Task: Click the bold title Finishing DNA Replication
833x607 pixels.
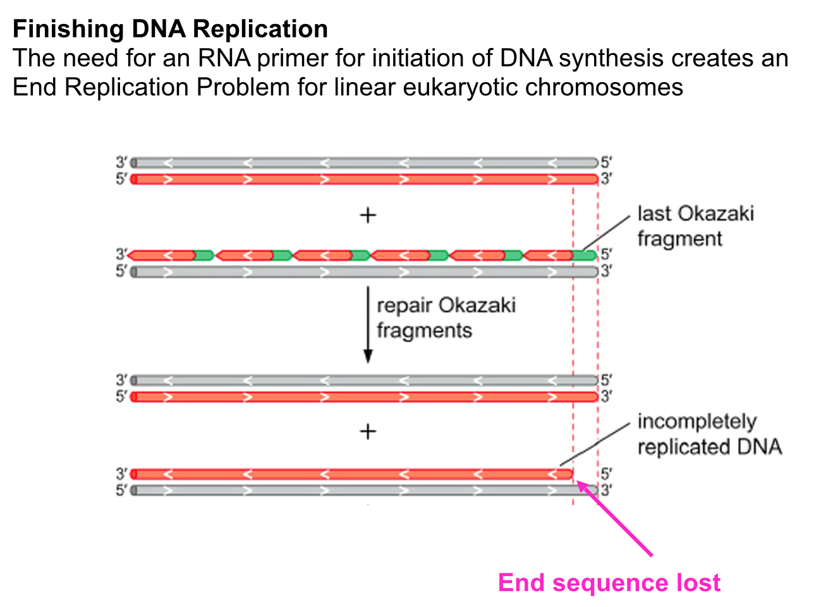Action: (170, 29)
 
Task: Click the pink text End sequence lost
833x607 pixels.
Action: (609, 582)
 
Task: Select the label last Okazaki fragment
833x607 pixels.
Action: (695, 226)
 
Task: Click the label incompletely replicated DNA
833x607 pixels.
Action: (710, 434)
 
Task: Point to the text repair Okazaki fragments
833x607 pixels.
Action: (446, 317)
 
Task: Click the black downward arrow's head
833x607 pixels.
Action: (368, 357)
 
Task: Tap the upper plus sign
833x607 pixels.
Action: (368, 216)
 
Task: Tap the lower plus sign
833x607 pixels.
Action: (368, 432)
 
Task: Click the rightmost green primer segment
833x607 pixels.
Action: (585, 255)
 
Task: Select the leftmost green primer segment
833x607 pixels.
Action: (204, 255)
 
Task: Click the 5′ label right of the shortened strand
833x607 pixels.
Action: (606, 474)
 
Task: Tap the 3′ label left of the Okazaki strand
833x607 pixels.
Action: (121, 254)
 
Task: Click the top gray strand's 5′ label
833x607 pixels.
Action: (606, 162)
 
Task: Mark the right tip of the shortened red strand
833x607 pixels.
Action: (573, 474)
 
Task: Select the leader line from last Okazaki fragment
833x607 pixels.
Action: (607, 233)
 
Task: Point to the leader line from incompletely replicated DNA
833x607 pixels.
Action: (595, 444)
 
